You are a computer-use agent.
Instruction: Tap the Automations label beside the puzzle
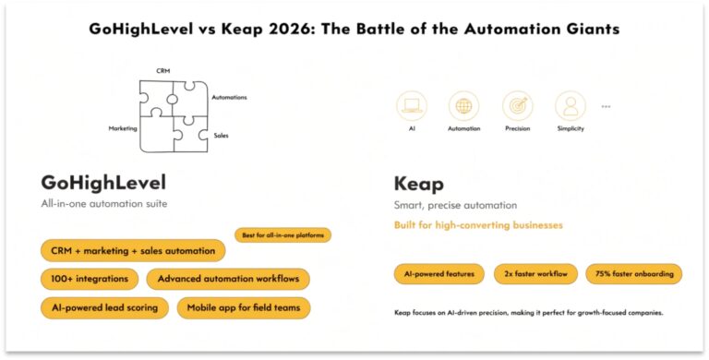229,97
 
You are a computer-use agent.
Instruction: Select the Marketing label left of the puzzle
122,129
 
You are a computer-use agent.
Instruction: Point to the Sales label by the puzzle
221,136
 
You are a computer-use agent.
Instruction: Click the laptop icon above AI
412,105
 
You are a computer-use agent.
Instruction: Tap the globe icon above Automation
463,105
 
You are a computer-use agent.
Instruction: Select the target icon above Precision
518,105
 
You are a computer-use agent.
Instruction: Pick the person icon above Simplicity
571,105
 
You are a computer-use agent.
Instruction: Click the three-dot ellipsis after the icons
606,106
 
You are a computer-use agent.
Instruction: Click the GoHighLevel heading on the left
103,182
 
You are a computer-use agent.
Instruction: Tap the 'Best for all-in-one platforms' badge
282,235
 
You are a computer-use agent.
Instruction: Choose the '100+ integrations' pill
90,279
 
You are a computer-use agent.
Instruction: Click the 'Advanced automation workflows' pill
228,279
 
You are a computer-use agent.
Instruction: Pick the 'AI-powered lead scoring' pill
104,307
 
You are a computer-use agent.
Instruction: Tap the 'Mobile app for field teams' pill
244,307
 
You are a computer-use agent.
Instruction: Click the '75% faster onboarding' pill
634,273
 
